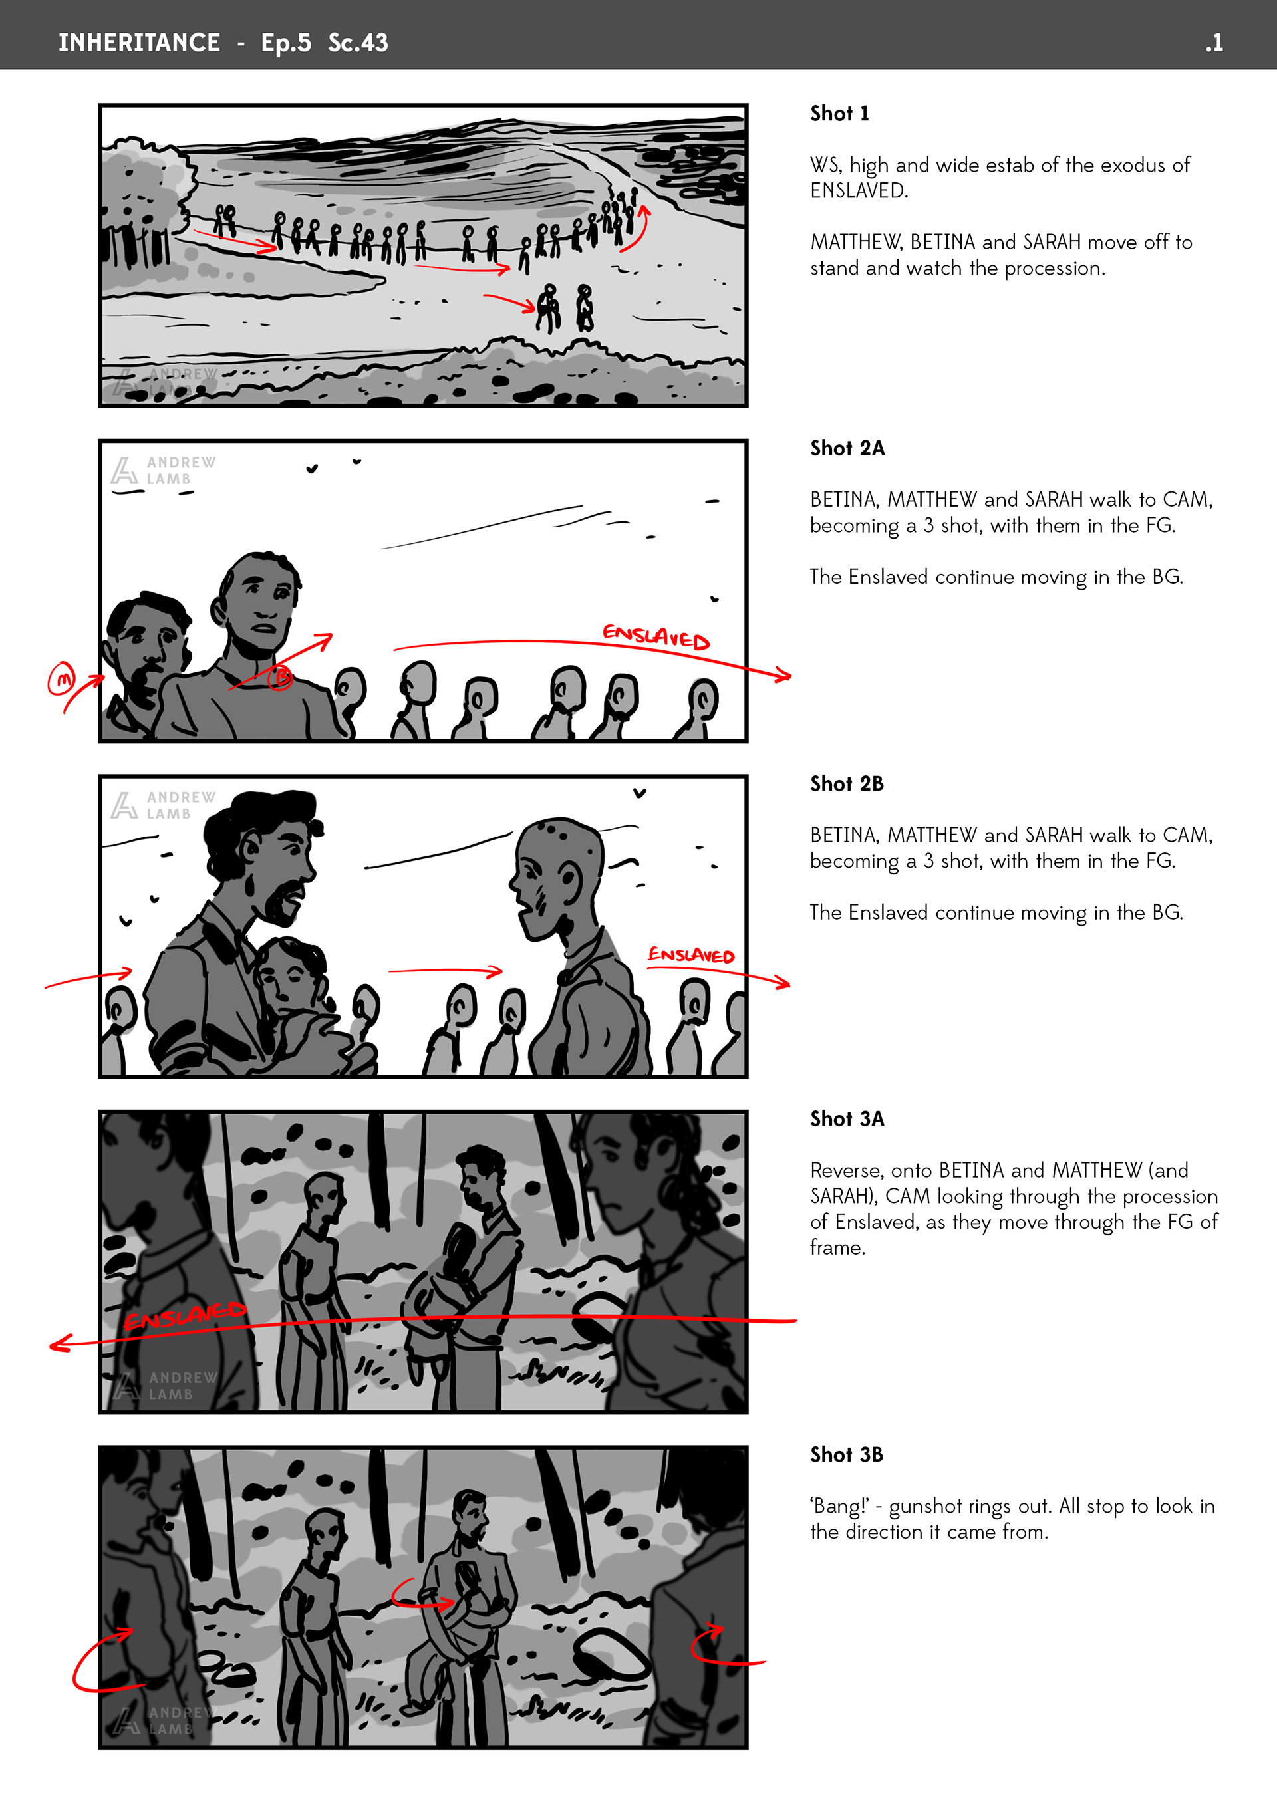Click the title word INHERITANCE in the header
[139, 43]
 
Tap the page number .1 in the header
[1213, 43]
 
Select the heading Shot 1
[839, 113]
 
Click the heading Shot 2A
[847, 448]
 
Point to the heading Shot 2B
[847, 783]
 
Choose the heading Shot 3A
[847, 1118]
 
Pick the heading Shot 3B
[847, 1454]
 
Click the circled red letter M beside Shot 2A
[61, 679]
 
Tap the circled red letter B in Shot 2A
[280, 676]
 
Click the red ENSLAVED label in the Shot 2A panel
[655, 636]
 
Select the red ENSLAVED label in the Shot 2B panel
[691, 955]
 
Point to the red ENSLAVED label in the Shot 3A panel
[185, 1316]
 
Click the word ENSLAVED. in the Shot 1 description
[859, 190]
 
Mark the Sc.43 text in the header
[358, 43]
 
